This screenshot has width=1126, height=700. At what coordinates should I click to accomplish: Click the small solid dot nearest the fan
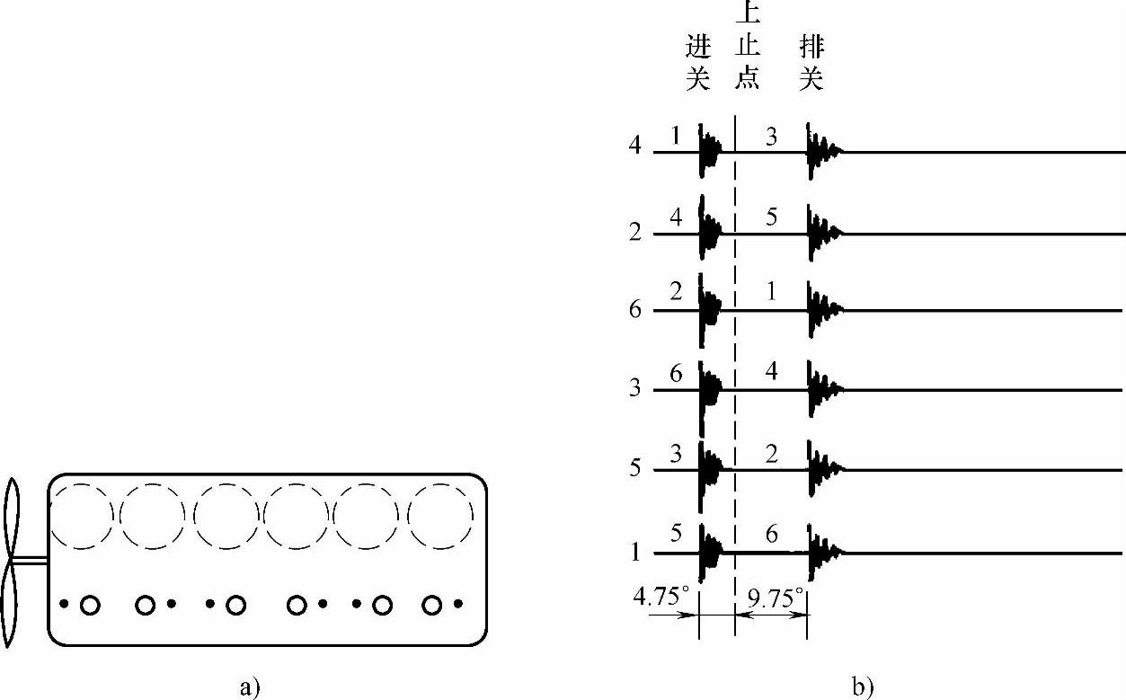coord(64,604)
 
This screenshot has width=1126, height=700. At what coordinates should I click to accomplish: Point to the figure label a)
coord(251,687)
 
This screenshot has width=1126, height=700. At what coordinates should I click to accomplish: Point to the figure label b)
coord(863,687)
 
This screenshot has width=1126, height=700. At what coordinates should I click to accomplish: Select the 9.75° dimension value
coord(774,598)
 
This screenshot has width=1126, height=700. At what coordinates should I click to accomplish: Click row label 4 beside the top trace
coord(635,146)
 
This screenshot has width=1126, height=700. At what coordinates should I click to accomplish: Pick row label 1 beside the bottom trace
coord(635,552)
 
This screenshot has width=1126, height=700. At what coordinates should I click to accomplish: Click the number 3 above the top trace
coord(771,136)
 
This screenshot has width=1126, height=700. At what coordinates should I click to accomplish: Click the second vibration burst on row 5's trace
coord(820,469)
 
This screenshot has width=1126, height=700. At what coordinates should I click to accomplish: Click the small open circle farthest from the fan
coord(433,605)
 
